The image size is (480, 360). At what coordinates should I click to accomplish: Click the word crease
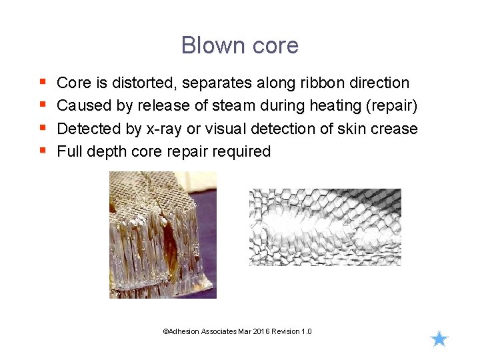[x=394, y=129]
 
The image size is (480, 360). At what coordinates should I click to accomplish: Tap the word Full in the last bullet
[x=69, y=151]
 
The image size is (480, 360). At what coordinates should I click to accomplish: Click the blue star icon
[x=439, y=339]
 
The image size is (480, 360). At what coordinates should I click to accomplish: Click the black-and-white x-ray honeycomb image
[x=325, y=227]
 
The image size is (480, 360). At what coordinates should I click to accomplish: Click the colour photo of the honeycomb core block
[x=163, y=235]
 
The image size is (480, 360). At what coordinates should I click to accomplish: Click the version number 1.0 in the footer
[x=306, y=331]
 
